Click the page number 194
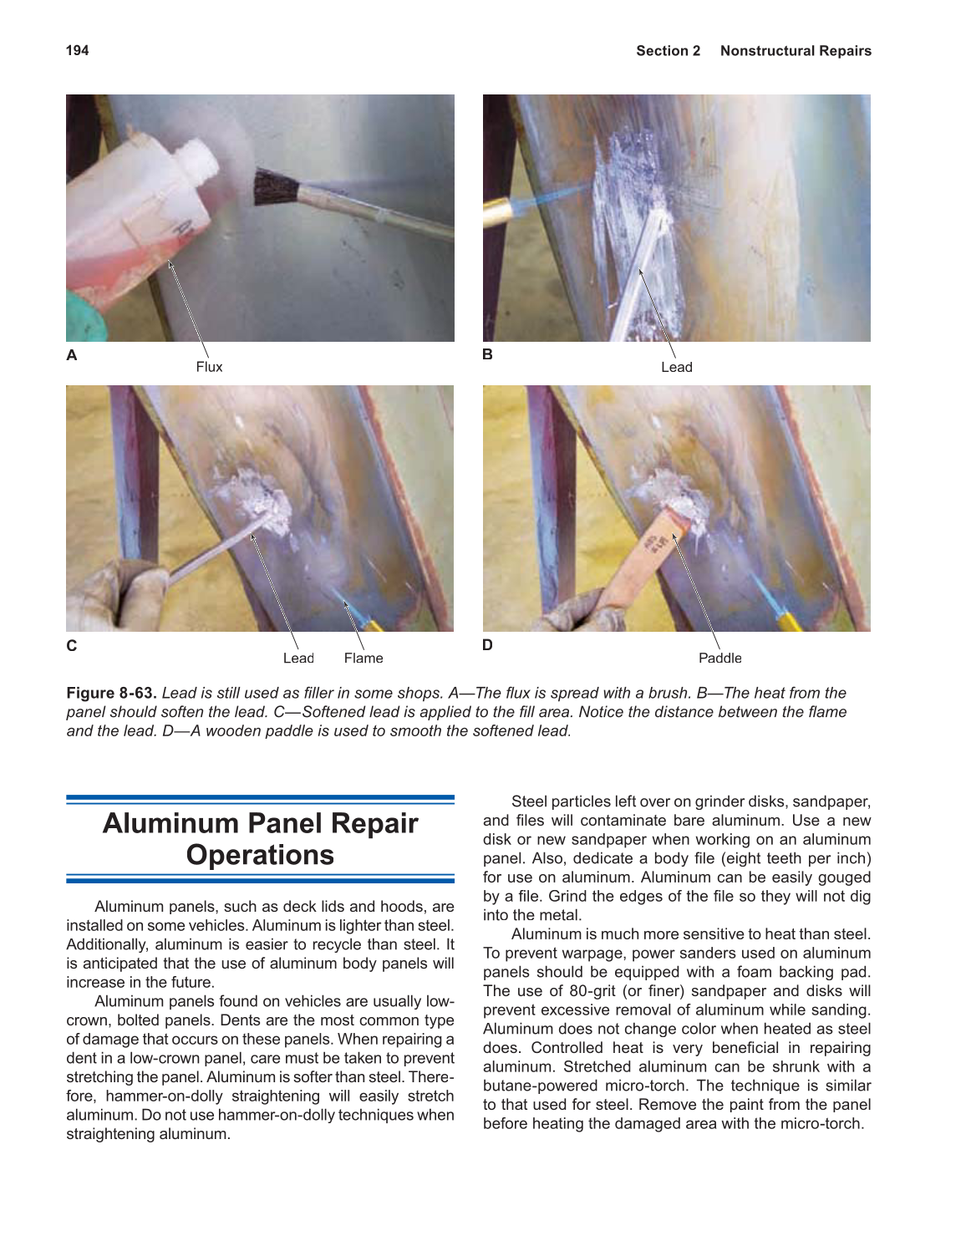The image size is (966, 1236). (77, 50)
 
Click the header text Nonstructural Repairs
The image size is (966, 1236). (795, 51)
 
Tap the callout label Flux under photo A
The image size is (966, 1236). (209, 367)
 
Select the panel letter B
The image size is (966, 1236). (487, 354)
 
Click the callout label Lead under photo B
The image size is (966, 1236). (676, 367)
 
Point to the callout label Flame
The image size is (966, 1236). (363, 659)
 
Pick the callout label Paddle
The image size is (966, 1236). (719, 659)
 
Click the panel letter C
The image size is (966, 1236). (72, 646)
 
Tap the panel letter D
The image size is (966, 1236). (487, 645)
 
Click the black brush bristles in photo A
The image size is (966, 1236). (275, 187)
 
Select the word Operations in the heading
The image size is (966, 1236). (260, 855)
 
